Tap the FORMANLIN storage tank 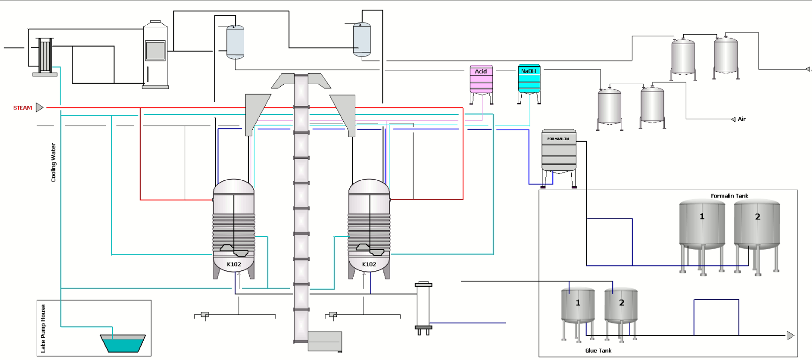(559, 151)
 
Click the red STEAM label (22, 108)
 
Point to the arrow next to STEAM (40, 107)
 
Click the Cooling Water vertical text (54, 162)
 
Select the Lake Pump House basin (122, 343)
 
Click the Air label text (742, 119)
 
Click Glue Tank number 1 (578, 307)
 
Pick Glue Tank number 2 (621, 307)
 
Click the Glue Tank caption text (598, 351)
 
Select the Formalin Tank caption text (729, 196)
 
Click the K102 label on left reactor (234, 264)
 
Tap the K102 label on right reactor (369, 264)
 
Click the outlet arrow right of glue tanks (790, 336)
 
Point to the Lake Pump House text (43, 328)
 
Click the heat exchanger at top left (45, 55)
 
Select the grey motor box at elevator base (325, 341)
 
